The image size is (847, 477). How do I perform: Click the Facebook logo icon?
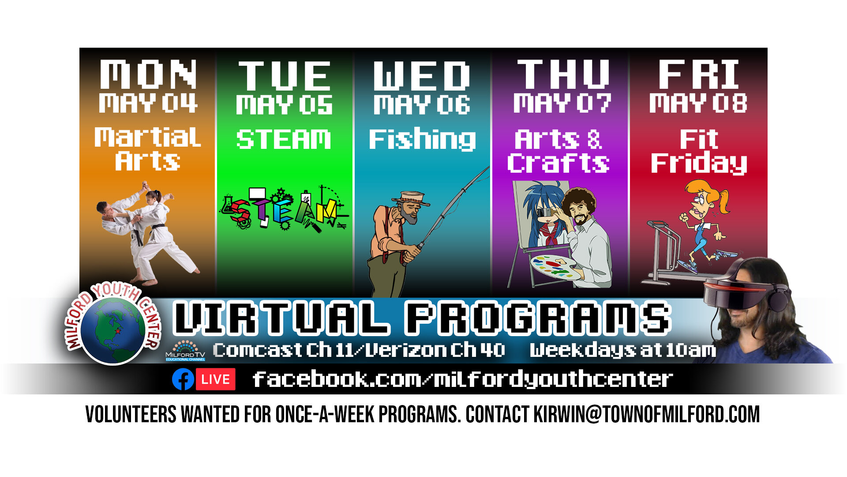183,379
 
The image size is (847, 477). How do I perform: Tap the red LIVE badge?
215,379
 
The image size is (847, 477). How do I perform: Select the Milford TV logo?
185,351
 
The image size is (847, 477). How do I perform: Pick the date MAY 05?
284,105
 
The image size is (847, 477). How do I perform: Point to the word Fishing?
422,140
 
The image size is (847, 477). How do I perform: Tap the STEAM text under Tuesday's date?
284,140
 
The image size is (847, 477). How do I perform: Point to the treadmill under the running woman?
666,256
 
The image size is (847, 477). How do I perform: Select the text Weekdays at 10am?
622,350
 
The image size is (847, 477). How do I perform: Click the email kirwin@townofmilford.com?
646,414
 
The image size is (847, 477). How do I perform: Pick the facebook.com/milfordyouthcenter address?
462,379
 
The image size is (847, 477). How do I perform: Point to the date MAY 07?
562,104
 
